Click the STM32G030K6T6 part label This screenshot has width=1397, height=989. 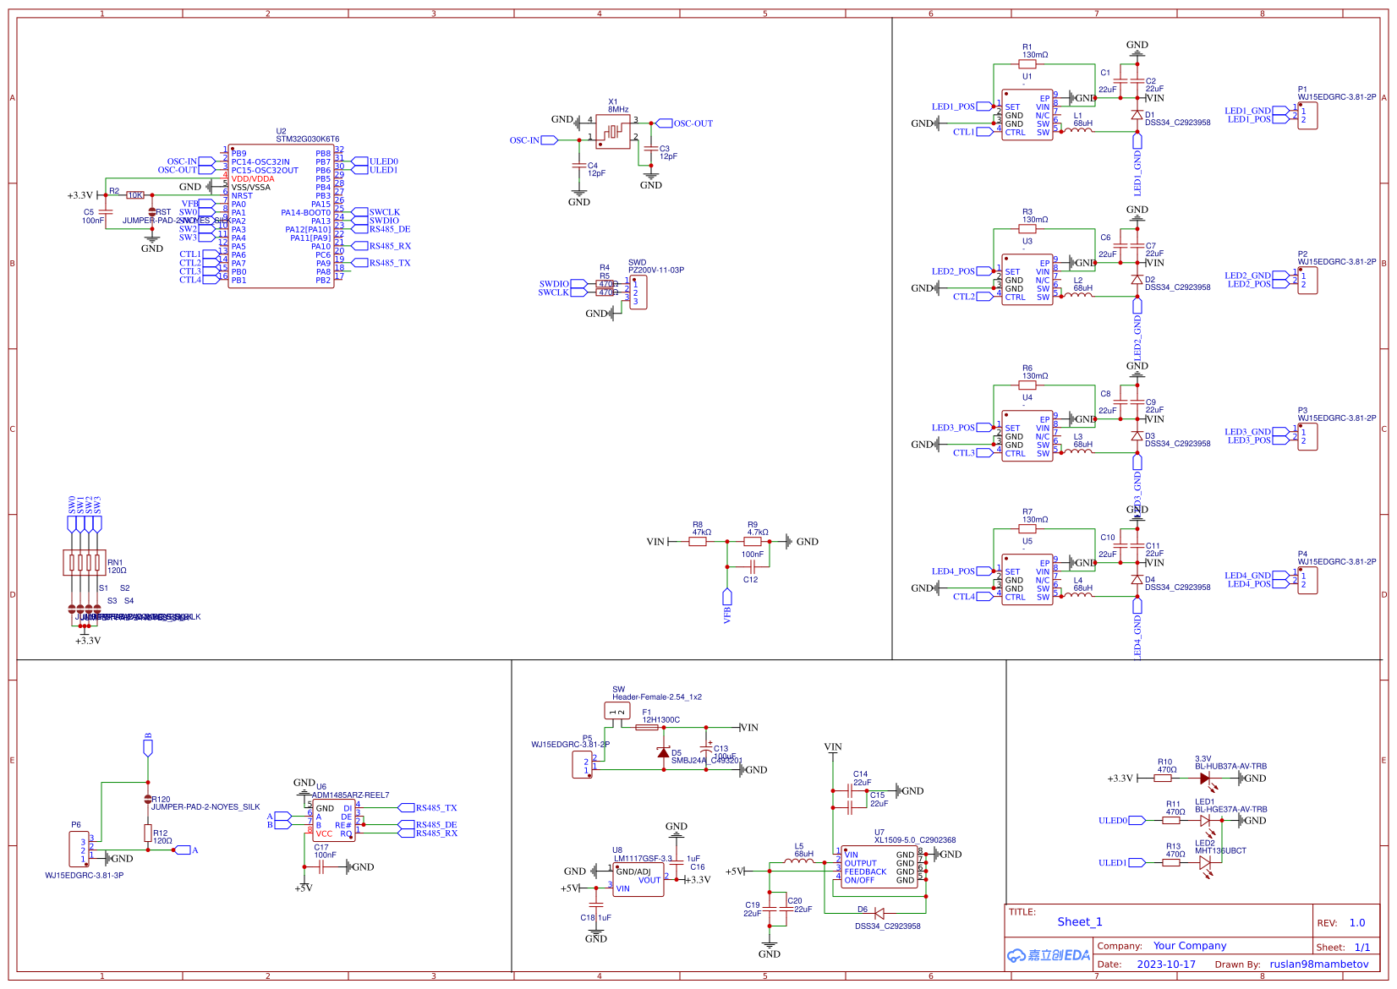click(307, 139)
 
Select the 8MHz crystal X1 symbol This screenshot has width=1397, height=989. click(613, 132)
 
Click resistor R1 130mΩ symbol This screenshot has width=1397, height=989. click(1027, 64)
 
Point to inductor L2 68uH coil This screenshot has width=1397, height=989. click(1077, 295)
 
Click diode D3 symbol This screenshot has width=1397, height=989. click(1137, 436)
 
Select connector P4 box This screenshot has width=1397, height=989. click(1307, 580)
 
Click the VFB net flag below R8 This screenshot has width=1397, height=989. click(726, 598)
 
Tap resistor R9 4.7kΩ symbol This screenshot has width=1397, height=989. click(753, 542)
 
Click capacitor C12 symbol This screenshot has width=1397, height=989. click(751, 567)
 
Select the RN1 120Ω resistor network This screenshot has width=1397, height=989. click(85, 562)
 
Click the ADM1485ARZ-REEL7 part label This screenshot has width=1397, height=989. click(350, 795)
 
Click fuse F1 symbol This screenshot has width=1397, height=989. click(647, 728)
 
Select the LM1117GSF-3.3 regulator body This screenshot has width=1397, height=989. click(638, 880)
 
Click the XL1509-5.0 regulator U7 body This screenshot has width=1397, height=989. click(879, 867)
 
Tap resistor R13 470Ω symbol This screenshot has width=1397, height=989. click(1171, 863)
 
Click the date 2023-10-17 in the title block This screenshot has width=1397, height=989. click(1166, 964)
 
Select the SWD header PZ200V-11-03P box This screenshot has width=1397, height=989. click(638, 292)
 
